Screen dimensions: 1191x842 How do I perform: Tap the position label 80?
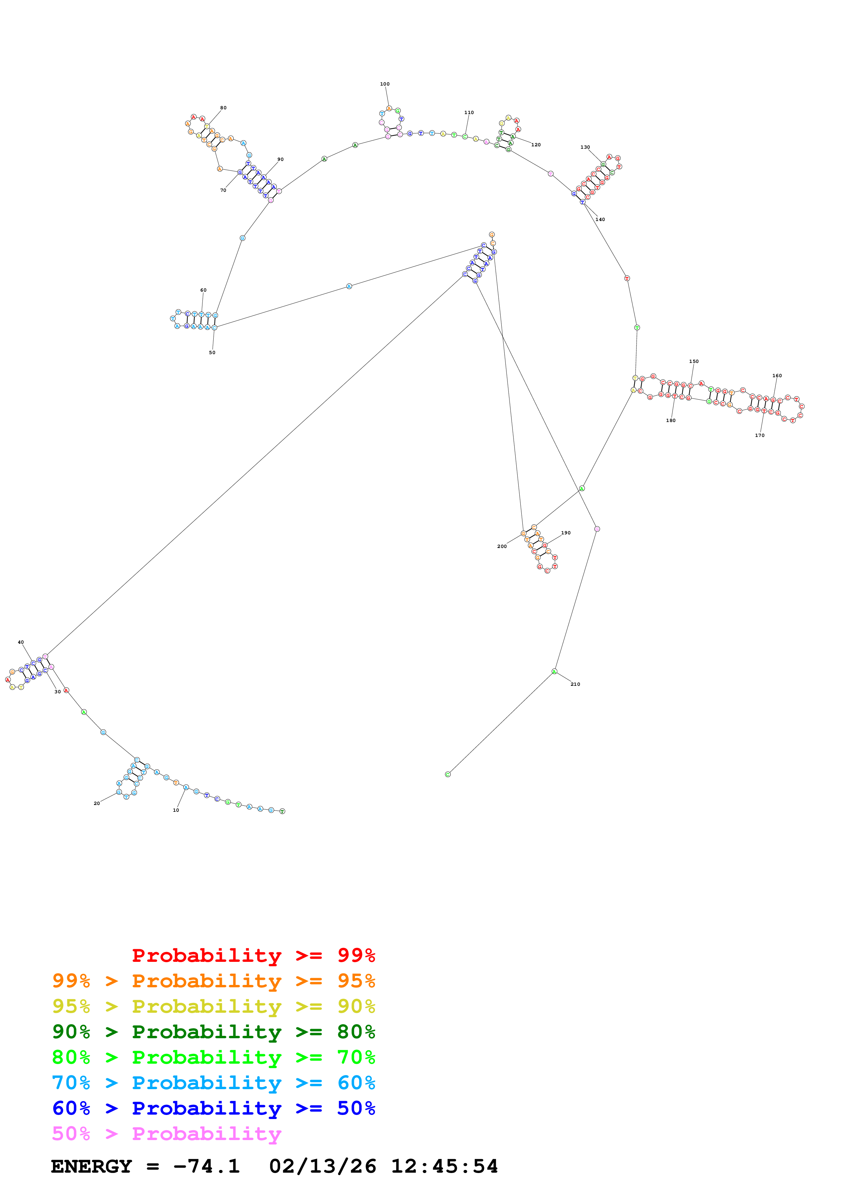[x=223, y=108]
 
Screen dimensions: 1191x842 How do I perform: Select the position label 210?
[x=575, y=684]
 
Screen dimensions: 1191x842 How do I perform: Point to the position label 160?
[x=777, y=375]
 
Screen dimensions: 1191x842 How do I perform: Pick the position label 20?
[x=96, y=804]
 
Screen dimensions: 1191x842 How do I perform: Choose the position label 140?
[x=600, y=219]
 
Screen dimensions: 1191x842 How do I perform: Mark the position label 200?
[x=502, y=546]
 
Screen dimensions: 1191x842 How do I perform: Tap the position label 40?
[x=21, y=642]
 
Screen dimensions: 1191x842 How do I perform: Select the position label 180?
[x=670, y=420]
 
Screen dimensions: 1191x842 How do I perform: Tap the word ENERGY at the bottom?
[x=91, y=1167]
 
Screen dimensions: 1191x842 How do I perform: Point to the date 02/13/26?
[x=322, y=1167]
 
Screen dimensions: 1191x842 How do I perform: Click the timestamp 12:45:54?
[x=444, y=1167]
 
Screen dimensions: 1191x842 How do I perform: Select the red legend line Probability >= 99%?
[x=253, y=955]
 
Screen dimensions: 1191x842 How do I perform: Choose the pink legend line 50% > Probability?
[x=166, y=1134]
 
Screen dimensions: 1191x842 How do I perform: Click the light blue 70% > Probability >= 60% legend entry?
[x=213, y=1083]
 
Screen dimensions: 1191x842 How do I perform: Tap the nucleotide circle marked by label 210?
[x=554, y=672]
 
